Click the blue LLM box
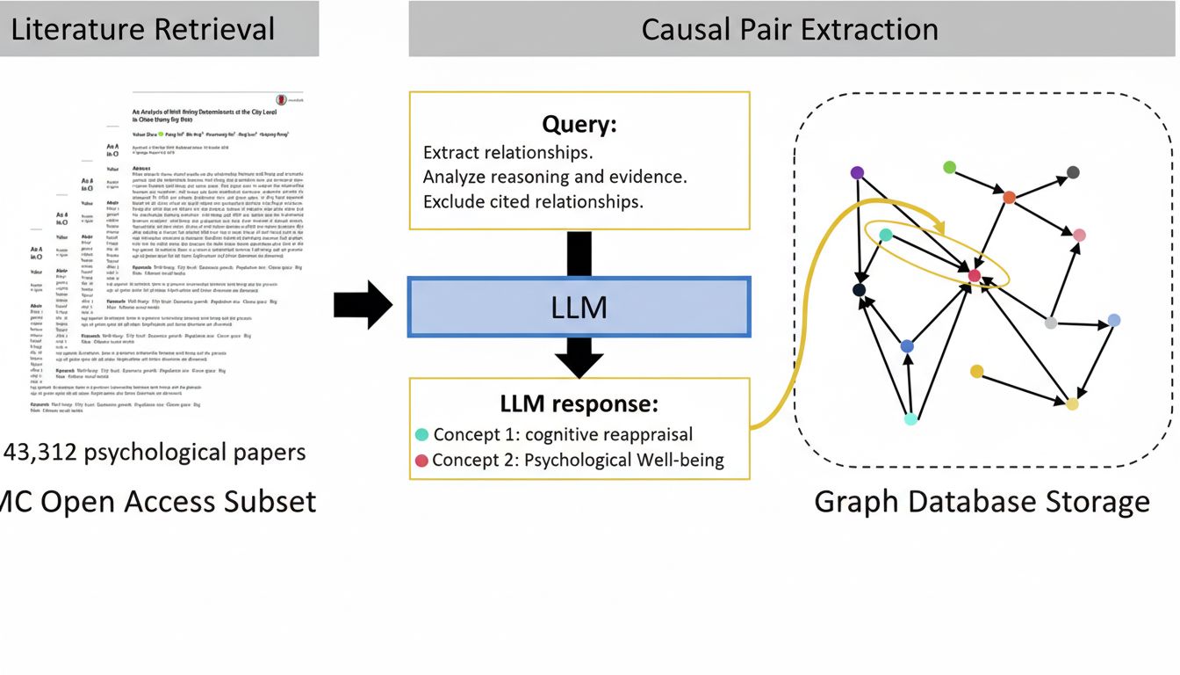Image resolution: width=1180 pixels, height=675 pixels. click(x=579, y=307)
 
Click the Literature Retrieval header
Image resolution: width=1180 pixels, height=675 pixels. click(x=142, y=29)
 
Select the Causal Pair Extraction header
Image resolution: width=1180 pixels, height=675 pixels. click(x=789, y=29)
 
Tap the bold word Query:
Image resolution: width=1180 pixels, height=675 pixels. click(x=579, y=125)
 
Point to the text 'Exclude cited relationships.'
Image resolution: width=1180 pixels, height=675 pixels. click(x=533, y=201)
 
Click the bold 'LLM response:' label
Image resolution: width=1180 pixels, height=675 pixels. click(x=579, y=404)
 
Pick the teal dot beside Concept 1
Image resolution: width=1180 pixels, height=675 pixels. click(x=421, y=434)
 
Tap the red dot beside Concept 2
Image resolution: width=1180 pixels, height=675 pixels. click(x=421, y=460)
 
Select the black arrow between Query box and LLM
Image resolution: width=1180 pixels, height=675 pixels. click(x=579, y=253)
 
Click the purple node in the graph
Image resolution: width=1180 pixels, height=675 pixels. click(x=858, y=173)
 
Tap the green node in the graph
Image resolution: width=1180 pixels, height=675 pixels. click(x=949, y=167)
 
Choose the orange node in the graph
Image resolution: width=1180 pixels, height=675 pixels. click(x=1009, y=198)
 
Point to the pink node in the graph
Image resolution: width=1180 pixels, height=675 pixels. click(x=1079, y=235)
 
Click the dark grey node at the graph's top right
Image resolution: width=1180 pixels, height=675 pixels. click(x=1073, y=172)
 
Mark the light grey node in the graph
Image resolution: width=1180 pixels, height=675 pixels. click(x=1051, y=323)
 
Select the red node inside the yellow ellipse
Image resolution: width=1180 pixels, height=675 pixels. click(x=974, y=276)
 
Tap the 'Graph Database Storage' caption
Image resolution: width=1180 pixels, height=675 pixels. click(x=982, y=502)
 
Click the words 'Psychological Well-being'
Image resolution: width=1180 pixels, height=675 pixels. click(x=624, y=460)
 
